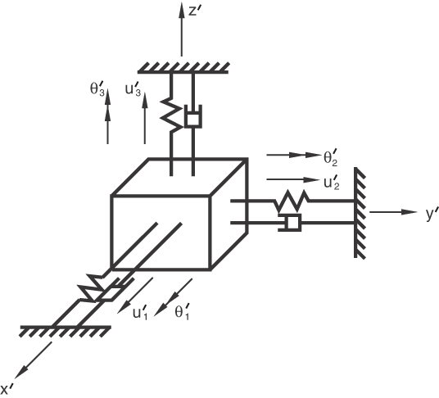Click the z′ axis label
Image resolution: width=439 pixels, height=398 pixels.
[x=193, y=11]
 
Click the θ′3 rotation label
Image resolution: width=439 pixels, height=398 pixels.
[x=97, y=89]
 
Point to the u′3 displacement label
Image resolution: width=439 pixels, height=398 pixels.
[x=133, y=89]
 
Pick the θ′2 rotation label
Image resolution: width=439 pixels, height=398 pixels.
[x=331, y=158]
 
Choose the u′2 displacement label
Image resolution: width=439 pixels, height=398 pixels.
[x=332, y=183]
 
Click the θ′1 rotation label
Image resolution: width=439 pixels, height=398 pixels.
[x=182, y=311]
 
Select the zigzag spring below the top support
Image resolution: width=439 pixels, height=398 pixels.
[x=172, y=115]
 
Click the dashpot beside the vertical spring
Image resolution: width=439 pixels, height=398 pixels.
[x=193, y=117]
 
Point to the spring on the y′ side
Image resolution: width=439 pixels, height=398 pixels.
[x=292, y=201]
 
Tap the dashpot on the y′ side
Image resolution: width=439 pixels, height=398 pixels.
[x=290, y=223]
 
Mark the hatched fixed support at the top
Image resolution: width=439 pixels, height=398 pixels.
[x=183, y=68]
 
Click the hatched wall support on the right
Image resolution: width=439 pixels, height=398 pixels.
[x=360, y=213]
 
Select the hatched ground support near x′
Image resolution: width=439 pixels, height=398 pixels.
[x=66, y=331]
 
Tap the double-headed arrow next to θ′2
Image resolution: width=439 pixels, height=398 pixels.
[x=293, y=155]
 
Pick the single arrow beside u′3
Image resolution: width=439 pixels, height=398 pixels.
[x=145, y=119]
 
